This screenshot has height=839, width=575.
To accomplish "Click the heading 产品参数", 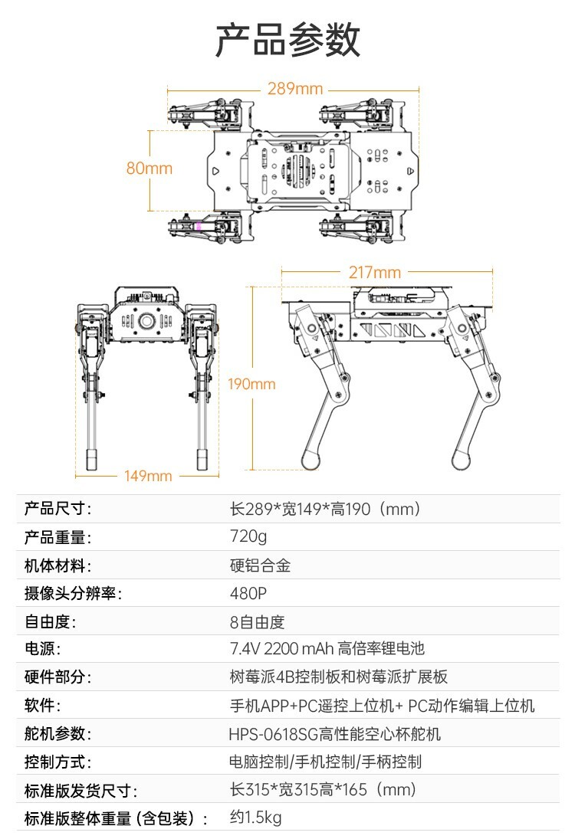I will pyautogui.click(x=287, y=39).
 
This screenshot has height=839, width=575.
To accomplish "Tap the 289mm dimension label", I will pyautogui.click(x=295, y=89).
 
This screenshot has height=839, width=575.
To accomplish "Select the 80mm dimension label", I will pyautogui.click(x=149, y=168).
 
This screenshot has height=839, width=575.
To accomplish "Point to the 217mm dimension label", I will pyautogui.click(x=375, y=272).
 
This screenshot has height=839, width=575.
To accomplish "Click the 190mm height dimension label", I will pyautogui.click(x=251, y=384).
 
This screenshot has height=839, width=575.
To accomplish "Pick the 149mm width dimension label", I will pyautogui.click(x=148, y=476).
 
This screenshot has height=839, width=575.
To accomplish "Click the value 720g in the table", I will pyautogui.click(x=248, y=536).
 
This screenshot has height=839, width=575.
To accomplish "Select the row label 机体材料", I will pyautogui.click(x=58, y=565).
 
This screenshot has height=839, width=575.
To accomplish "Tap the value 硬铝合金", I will pyautogui.click(x=261, y=565).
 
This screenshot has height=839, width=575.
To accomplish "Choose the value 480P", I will pyautogui.click(x=249, y=594).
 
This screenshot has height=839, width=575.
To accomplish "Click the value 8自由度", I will pyautogui.click(x=258, y=622).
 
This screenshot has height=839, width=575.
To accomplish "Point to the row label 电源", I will pyautogui.click(x=42, y=649).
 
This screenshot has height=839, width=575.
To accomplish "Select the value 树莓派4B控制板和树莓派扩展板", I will pyautogui.click(x=339, y=677).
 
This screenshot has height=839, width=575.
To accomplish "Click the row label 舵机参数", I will pyautogui.click(x=58, y=734).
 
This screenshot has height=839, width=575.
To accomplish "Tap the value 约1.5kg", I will pyautogui.click(x=256, y=818).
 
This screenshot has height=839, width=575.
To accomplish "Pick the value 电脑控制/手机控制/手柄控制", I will pyautogui.click(x=325, y=762).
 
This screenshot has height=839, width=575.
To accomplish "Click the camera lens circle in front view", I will pyautogui.click(x=146, y=322).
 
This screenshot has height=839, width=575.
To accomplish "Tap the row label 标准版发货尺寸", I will pyautogui.click(x=80, y=791).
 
